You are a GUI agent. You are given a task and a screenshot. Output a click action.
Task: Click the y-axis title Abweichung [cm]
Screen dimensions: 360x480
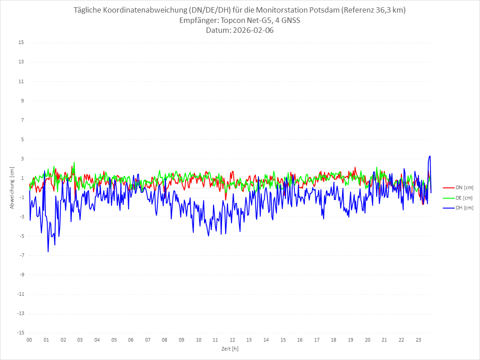point(12,188)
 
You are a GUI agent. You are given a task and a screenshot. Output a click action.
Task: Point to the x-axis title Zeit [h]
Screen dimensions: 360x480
point(230,349)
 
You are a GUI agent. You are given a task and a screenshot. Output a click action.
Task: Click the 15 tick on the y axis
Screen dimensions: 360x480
point(21,43)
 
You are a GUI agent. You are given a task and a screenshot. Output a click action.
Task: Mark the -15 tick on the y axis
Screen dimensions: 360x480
point(20,333)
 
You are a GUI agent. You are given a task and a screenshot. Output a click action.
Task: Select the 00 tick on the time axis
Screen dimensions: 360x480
point(29,340)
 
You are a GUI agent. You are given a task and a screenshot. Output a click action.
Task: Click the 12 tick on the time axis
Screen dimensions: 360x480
point(232,340)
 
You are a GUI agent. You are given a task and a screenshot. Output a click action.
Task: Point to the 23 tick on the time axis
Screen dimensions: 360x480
point(418,340)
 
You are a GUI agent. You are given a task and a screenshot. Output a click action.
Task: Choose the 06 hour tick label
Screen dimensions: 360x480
point(131,340)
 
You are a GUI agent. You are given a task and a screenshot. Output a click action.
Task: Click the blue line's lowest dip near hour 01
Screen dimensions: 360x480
point(48,252)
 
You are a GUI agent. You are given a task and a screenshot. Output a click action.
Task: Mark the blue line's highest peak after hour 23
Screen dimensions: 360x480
point(430,156)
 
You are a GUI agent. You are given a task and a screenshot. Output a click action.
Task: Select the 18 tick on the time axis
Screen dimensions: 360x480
point(334,340)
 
